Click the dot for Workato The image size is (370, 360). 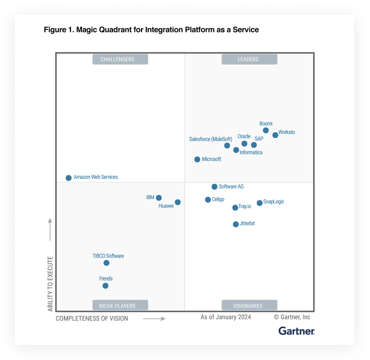(275, 135)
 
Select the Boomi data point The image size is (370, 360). (266, 130)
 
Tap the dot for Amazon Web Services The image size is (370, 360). (68, 178)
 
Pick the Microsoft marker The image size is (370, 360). (197, 159)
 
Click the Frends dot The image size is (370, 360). (105, 286)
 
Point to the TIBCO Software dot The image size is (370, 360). (106, 263)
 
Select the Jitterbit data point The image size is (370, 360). (235, 224)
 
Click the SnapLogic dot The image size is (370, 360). (259, 203)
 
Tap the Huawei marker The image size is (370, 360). (177, 202)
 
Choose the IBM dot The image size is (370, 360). (158, 198)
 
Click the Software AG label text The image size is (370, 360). (231, 186)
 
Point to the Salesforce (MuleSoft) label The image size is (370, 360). (210, 139)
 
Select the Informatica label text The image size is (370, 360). (250, 152)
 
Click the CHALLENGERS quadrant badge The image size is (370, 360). (120, 59)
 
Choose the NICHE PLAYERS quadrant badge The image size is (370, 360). (120, 305)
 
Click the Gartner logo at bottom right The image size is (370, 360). (296, 330)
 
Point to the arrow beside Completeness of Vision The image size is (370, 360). (154, 318)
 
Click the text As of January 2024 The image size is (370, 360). (225, 317)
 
